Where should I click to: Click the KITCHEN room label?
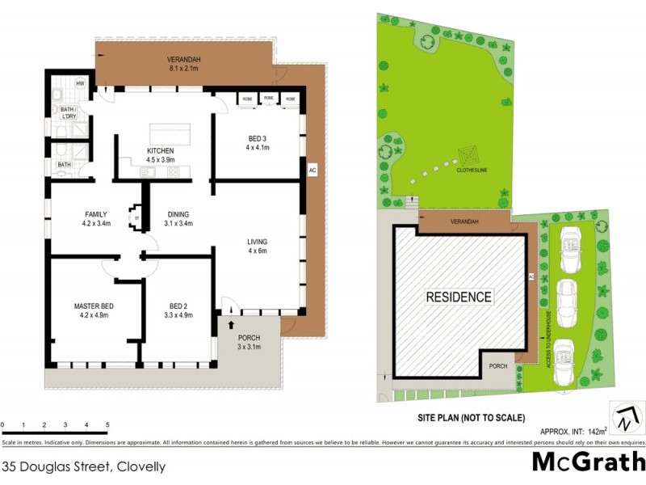click(160, 151)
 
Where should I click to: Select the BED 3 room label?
click(257, 138)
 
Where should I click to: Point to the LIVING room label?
click(258, 242)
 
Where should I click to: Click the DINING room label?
click(178, 213)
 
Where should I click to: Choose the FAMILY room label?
click(96, 213)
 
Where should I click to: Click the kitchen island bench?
click(170, 133)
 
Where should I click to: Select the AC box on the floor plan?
click(312, 170)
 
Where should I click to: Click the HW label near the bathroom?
click(81, 83)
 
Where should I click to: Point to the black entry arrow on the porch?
click(233, 325)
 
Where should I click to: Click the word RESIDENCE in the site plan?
click(459, 297)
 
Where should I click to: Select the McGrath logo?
click(588, 462)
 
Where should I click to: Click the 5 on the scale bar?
click(107, 424)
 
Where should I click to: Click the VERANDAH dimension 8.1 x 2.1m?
click(183, 70)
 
